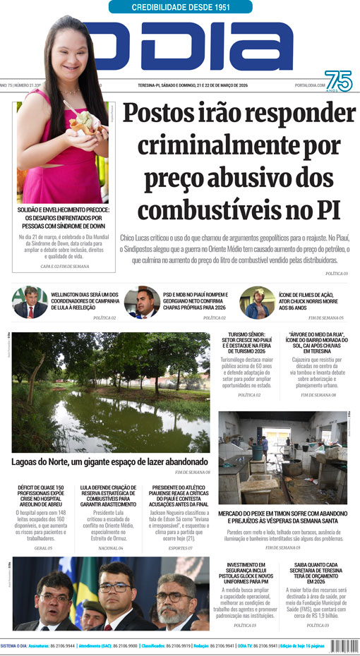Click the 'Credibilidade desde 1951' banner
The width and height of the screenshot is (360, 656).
[181, 7]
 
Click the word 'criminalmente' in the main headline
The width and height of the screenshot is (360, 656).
[239, 147]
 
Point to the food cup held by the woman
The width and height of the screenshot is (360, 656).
[83, 124]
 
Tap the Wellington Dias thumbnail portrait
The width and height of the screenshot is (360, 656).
[30, 303]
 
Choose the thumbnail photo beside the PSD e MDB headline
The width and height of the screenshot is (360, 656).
[142, 303]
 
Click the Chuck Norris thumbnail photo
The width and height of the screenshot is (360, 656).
[257, 303]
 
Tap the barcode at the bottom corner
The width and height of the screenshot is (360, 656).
[343, 646]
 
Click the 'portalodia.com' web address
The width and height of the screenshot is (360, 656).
[308, 85]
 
